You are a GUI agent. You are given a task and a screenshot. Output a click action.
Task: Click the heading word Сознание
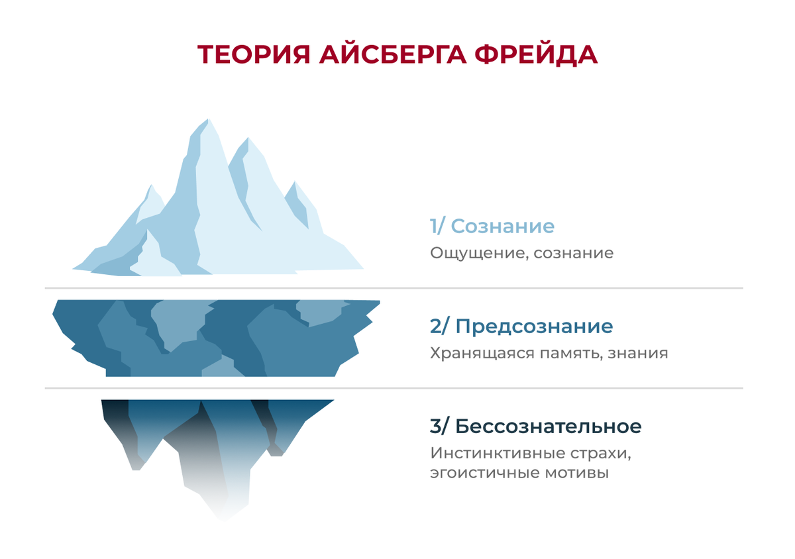502,227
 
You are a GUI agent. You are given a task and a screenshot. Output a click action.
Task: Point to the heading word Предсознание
534,327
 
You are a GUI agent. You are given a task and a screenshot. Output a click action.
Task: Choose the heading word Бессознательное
549,427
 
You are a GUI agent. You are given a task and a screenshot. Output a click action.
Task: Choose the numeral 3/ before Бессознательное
439,427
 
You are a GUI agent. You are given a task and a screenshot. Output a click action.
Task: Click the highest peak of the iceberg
207,121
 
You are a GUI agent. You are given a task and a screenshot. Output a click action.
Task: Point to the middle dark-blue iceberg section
215,338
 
